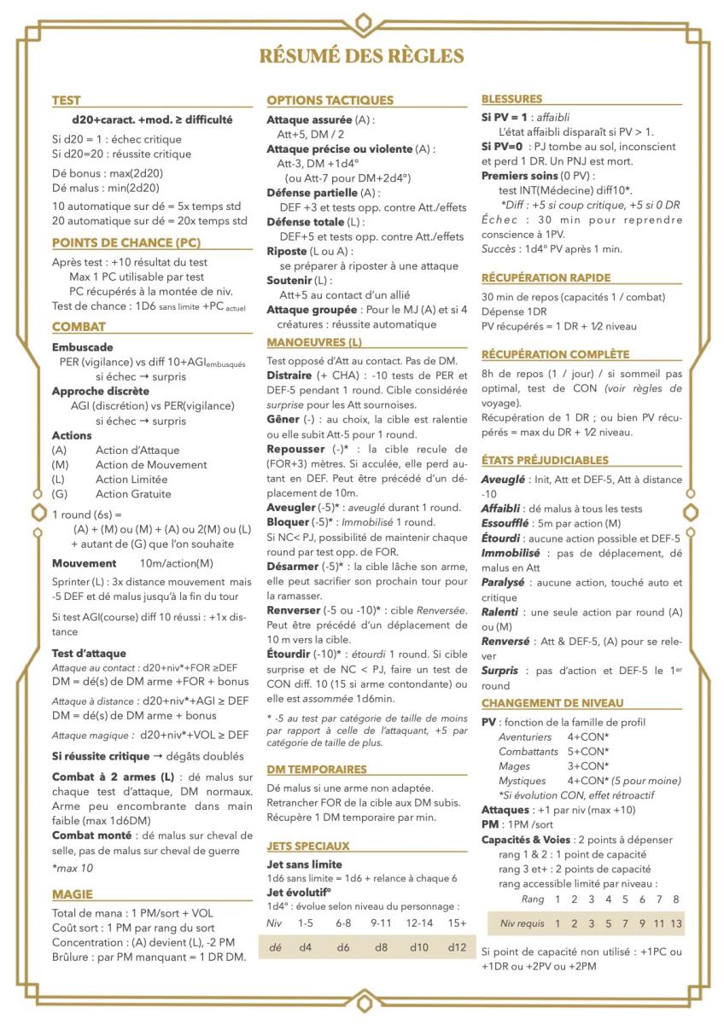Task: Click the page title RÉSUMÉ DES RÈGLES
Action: (362, 56)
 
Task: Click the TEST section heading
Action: (67, 100)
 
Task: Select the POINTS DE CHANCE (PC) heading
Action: (126, 242)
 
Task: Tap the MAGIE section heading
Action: (73, 893)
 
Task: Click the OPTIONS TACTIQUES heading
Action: (330, 100)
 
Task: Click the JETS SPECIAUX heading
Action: (307, 846)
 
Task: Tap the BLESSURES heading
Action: (511, 99)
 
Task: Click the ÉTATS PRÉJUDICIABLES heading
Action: (545, 460)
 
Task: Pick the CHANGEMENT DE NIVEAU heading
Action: (552, 702)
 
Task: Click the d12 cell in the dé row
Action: (457, 947)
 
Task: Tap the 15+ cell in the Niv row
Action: (457, 922)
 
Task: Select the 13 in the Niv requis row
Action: (675, 923)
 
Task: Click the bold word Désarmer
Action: (295, 566)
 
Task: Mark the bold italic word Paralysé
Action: (503, 581)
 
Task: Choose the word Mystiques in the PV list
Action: (523, 780)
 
